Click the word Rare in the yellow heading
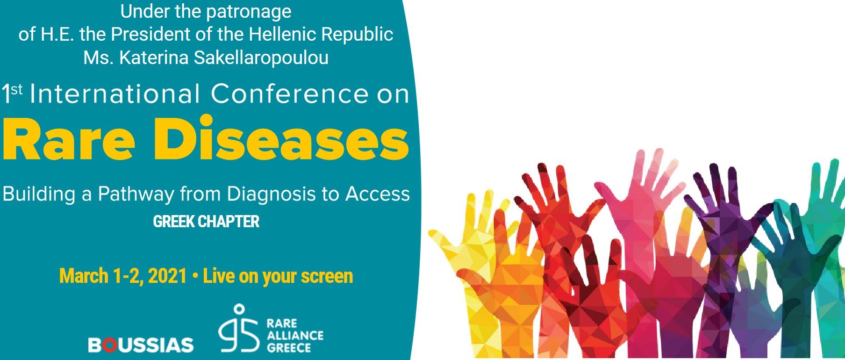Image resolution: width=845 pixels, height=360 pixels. [x=69, y=139]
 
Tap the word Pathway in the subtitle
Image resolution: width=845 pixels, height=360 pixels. [x=136, y=194]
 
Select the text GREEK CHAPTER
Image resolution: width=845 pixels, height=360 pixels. [x=206, y=221]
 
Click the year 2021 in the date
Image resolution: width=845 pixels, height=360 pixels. [x=167, y=276]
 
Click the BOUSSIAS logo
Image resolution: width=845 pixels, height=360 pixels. [x=141, y=345]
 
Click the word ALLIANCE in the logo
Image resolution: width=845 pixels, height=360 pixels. [x=295, y=335]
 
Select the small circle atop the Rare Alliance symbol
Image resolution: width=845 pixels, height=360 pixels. [x=239, y=309]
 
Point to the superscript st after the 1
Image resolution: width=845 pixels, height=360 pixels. [x=16, y=89]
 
